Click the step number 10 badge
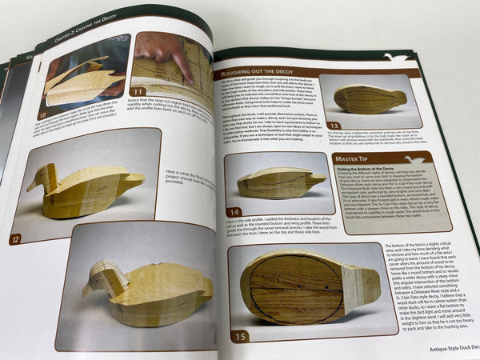43,116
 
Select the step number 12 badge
15,238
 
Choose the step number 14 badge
234,212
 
